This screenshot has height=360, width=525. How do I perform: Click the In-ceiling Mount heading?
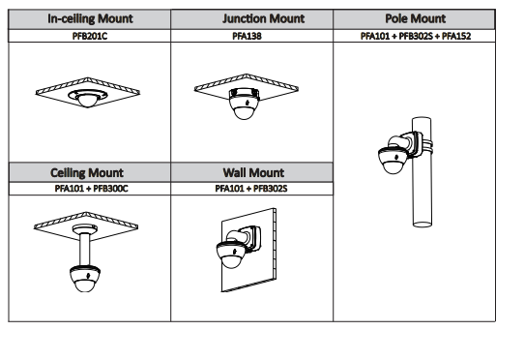pos(90,18)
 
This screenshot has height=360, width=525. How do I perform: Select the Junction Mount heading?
pos(264,18)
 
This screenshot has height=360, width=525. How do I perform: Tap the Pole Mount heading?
pos(415,18)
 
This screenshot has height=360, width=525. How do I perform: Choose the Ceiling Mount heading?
pos(87,173)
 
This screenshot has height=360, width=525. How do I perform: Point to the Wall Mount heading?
pos(253,173)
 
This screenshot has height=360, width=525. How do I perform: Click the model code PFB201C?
pos(90,36)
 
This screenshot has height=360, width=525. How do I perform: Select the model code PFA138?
pos(247,36)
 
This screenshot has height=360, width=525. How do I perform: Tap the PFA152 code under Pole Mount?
pos(456,36)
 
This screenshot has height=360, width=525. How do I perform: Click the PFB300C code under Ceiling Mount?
pos(110,189)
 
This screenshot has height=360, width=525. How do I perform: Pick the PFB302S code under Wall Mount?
pos(270,189)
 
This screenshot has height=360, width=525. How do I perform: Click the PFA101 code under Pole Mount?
pos(375,36)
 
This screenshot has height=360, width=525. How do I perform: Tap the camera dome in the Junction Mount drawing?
pos(244,108)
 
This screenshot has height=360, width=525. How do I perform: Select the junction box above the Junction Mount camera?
pos(244,93)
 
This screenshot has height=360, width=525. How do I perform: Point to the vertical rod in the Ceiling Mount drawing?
pos(85,250)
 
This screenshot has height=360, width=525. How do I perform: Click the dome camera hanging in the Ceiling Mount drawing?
pos(85,279)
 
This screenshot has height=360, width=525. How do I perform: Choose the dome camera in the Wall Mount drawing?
pos(232,255)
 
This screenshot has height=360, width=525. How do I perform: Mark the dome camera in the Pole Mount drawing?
pos(394,161)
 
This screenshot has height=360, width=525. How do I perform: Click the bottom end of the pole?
pos(422,224)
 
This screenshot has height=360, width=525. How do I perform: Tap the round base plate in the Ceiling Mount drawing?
pos(85,229)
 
